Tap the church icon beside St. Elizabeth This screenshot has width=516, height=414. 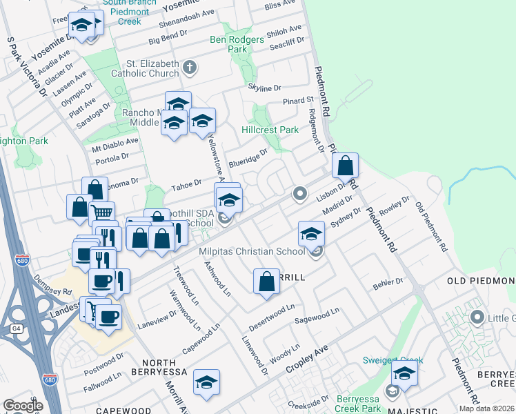pyautogui.click(x=190, y=68)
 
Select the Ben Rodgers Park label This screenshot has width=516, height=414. pyautogui.click(x=237, y=44)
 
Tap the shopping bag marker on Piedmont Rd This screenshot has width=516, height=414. pyautogui.click(x=346, y=166)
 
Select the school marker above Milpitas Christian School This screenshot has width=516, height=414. pyautogui.click(x=312, y=234)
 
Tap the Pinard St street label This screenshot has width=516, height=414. pyautogui.click(x=298, y=101)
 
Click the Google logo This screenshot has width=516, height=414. pyautogui.click(x=23, y=406)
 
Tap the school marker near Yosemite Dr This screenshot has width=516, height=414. pyautogui.click(x=82, y=27)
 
